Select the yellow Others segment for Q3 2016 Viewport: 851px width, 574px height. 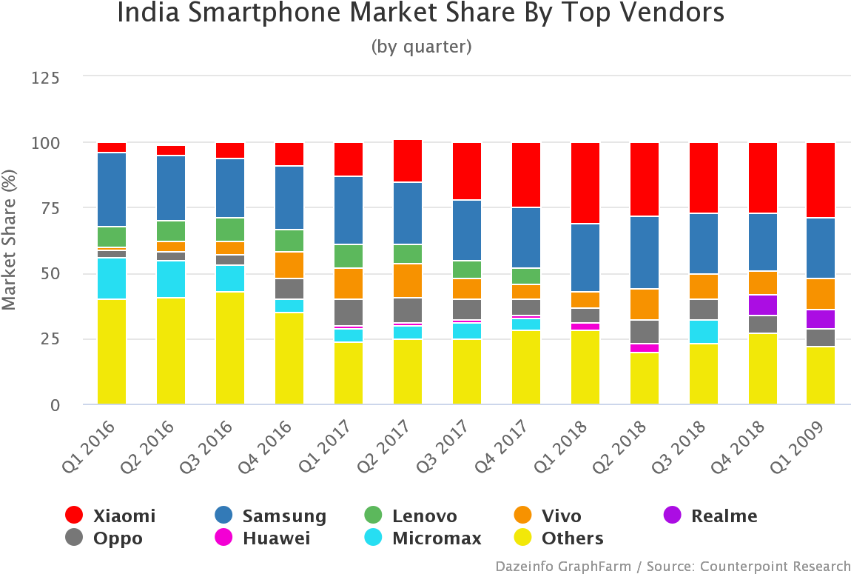[x=229, y=348]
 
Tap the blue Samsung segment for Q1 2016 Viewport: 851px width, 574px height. [x=111, y=190]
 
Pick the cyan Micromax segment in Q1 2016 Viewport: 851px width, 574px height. [x=111, y=278]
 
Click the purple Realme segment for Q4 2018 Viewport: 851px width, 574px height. [x=762, y=305]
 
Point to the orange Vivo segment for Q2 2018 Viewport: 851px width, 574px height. [x=644, y=304]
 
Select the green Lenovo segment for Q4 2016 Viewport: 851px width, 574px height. [x=289, y=241]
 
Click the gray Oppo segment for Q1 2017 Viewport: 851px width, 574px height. [x=348, y=312]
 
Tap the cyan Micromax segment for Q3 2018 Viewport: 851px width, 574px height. [x=703, y=332]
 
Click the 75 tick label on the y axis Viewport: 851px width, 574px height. [x=50, y=208]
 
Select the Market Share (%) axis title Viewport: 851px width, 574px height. [x=9, y=241]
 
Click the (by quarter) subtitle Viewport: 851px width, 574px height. [x=421, y=47]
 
